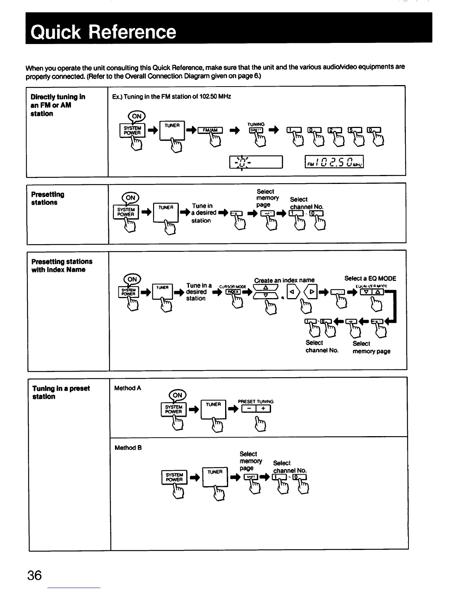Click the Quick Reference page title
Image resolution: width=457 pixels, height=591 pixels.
pos(103,32)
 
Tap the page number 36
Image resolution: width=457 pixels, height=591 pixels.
pos(34,575)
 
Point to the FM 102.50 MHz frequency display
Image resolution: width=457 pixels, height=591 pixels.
pos(334,162)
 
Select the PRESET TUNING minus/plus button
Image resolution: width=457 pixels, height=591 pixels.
pos(256,409)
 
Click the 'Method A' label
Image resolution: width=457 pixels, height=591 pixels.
pos(127,388)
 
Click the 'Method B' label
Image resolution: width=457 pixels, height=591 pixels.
pos(128,448)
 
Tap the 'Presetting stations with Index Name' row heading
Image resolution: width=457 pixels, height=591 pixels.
pos(62,266)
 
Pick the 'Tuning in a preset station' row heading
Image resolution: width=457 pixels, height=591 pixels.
pos(61,393)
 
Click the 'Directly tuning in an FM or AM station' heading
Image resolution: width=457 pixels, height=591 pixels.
pos(58,105)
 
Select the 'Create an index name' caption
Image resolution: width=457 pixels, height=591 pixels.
pos(284,280)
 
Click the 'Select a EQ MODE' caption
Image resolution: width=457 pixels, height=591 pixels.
pos(370,278)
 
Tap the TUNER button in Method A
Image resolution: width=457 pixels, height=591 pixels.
pos(214,409)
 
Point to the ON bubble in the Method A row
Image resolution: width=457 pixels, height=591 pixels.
pos(177,395)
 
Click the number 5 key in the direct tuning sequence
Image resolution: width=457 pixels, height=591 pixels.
pos(354,130)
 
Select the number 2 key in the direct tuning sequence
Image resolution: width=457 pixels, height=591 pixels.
pos(334,130)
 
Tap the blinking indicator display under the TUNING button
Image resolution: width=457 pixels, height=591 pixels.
pos(256,162)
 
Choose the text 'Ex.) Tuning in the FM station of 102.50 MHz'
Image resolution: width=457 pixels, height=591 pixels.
pos(172,97)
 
